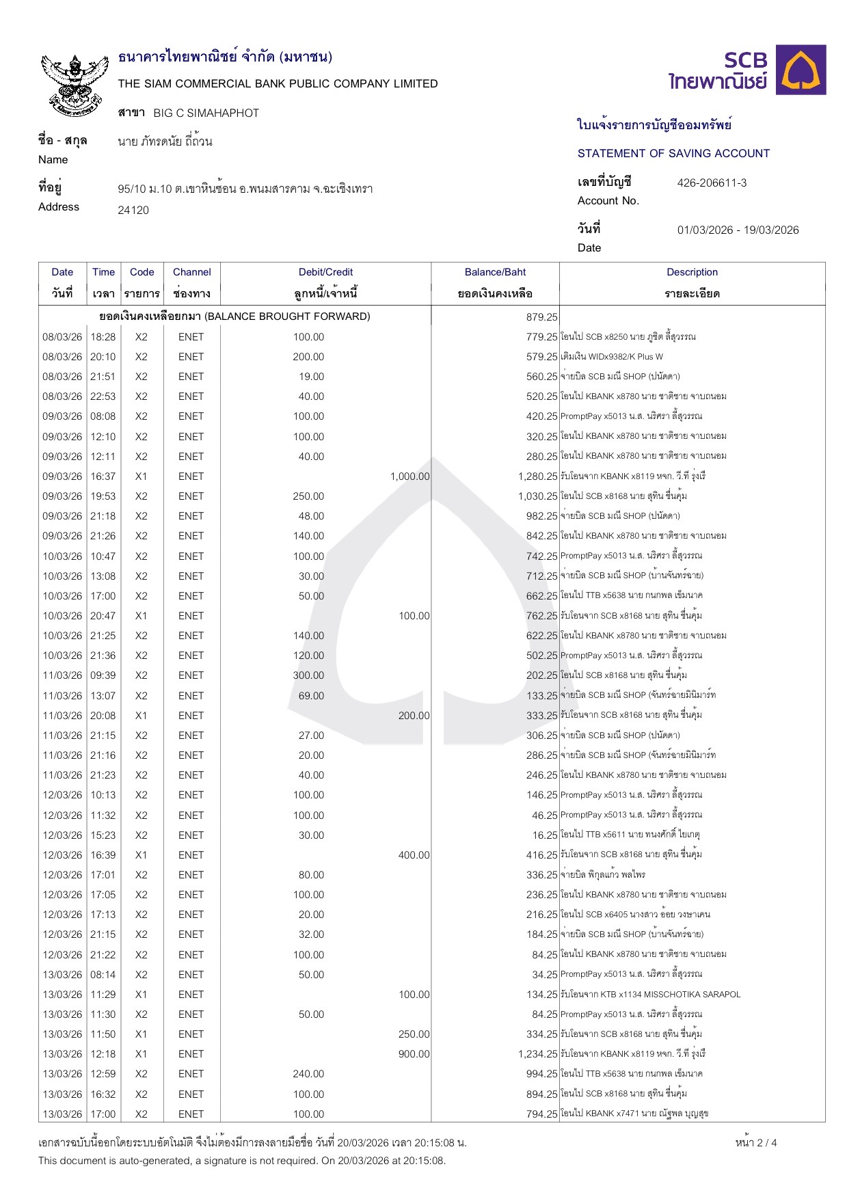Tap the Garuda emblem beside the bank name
(x=75, y=84)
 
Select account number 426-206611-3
(x=712, y=183)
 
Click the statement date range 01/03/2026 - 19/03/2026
(x=738, y=230)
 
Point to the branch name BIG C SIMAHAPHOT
(x=206, y=113)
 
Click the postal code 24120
(x=133, y=210)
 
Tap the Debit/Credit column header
(x=325, y=272)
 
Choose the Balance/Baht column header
(x=495, y=272)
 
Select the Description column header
(x=692, y=272)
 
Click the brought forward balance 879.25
(x=542, y=316)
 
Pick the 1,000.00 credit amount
(x=410, y=476)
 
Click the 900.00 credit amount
(x=414, y=1054)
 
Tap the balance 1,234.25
(x=537, y=1054)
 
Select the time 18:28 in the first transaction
(x=103, y=337)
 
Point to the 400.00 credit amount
(x=414, y=855)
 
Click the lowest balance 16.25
(x=545, y=835)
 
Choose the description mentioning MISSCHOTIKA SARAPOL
(x=650, y=995)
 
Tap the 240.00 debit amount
(x=309, y=1074)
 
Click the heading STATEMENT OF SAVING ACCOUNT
(x=673, y=153)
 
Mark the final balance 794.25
(x=542, y=1114)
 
